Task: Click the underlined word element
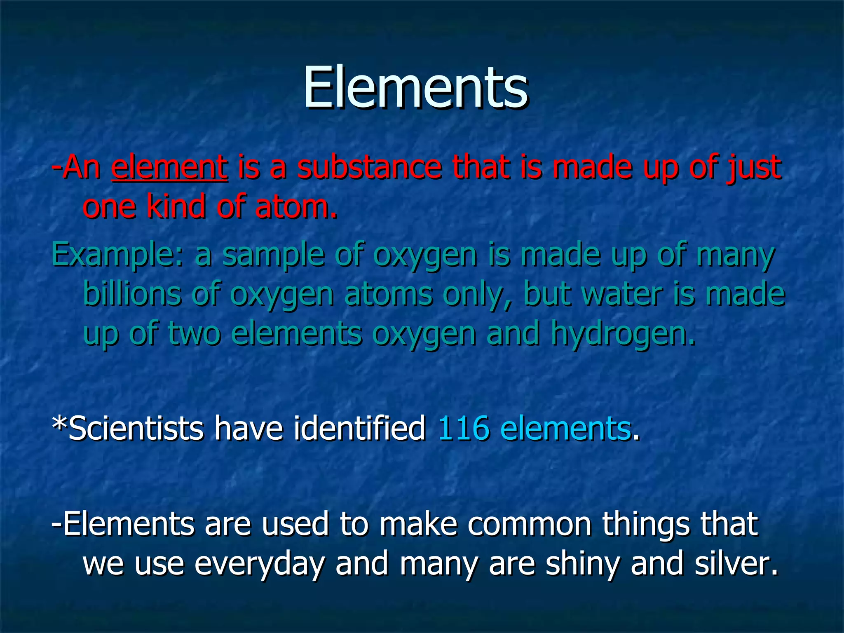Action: [x=169, y=167]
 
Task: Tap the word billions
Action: [x=132, y=293]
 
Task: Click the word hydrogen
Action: [x=622, y=334]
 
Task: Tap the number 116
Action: [x=463, y=429]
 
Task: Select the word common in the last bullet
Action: [x=530, y=524]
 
